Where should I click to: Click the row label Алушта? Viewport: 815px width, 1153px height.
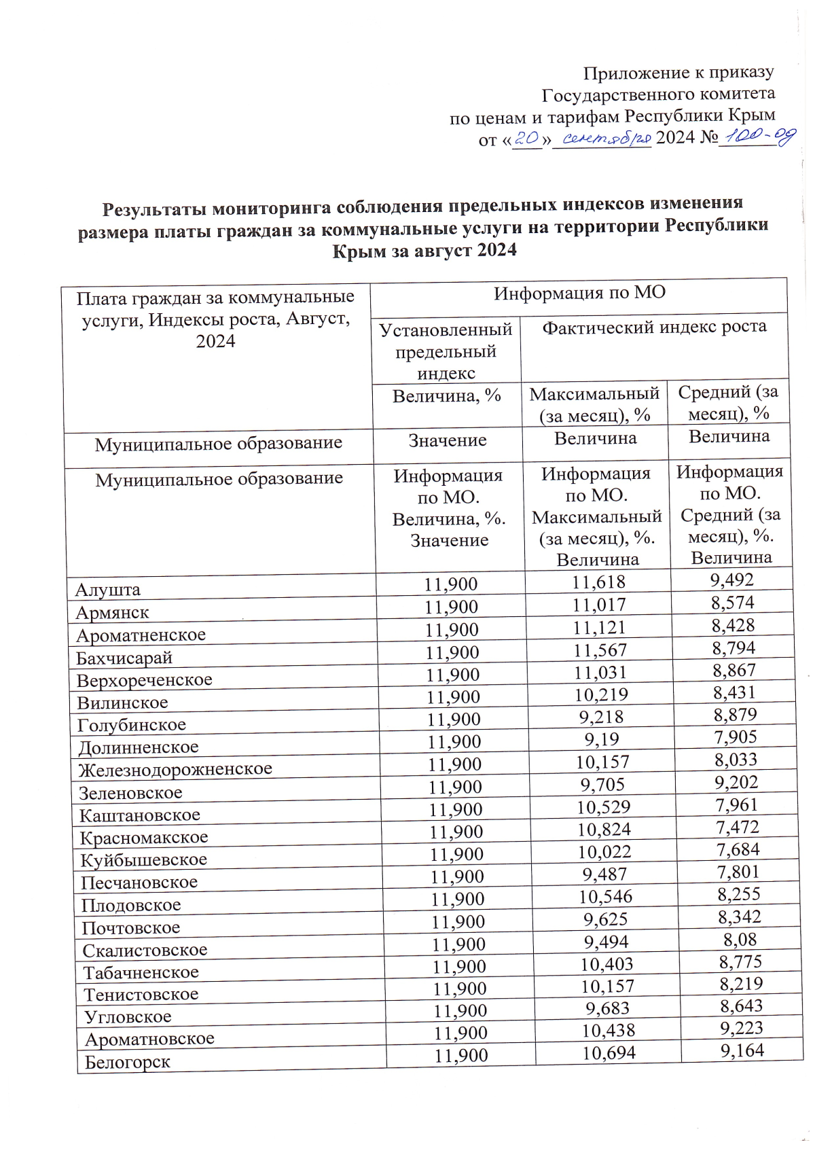[108, 589]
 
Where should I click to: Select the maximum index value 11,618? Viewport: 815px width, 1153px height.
[598, 582]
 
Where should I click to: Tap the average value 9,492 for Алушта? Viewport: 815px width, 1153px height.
[732, 580]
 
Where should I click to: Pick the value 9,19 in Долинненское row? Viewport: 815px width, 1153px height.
[601, 739]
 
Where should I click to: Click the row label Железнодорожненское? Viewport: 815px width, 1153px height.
[175, 769]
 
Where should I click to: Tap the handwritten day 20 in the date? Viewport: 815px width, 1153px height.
[527, 139]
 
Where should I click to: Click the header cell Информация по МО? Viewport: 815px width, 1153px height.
[579, 293]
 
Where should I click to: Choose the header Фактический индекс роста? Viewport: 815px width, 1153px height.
[654, 327]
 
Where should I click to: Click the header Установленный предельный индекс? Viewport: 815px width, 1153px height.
[446, 351]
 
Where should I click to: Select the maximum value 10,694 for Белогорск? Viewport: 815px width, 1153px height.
[609, 1053]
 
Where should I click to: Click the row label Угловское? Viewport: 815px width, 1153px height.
[128, 1016]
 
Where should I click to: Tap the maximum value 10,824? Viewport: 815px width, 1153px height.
[604, 829]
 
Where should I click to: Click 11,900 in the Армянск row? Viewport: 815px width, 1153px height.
[451, 607]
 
